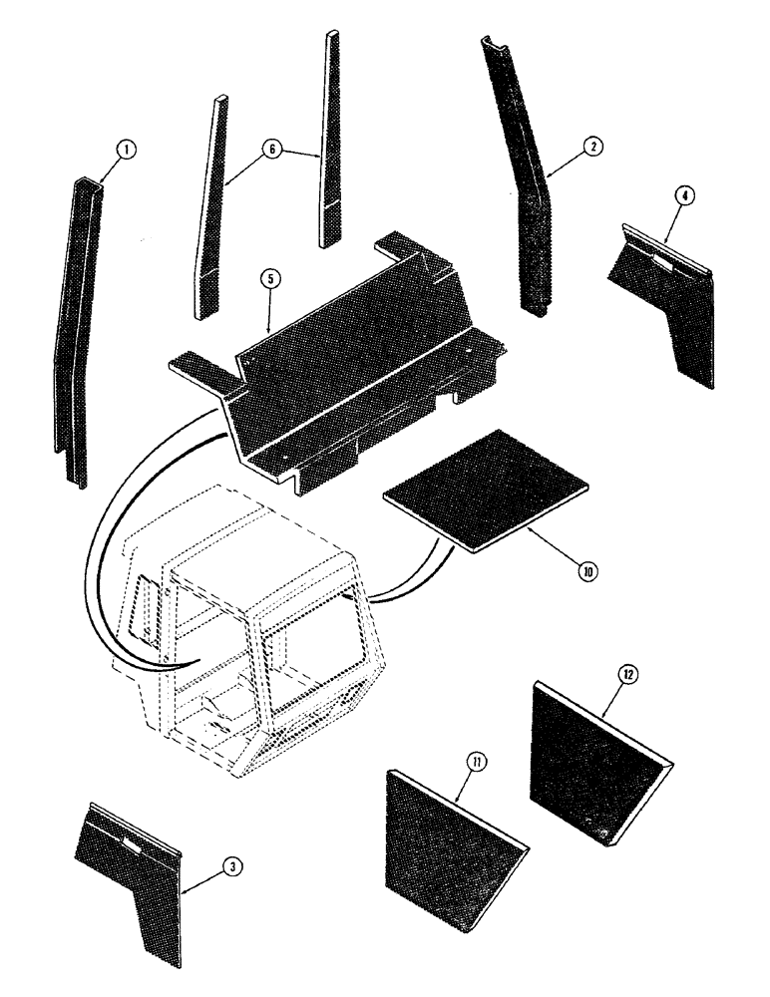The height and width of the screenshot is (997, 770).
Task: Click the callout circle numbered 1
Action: [x=125, y=151]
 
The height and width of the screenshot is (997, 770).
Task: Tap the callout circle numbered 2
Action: [x=591, y=147]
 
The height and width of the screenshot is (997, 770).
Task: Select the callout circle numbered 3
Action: [x=230, y=868]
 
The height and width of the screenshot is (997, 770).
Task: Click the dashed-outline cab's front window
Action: [x=309, y=648]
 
